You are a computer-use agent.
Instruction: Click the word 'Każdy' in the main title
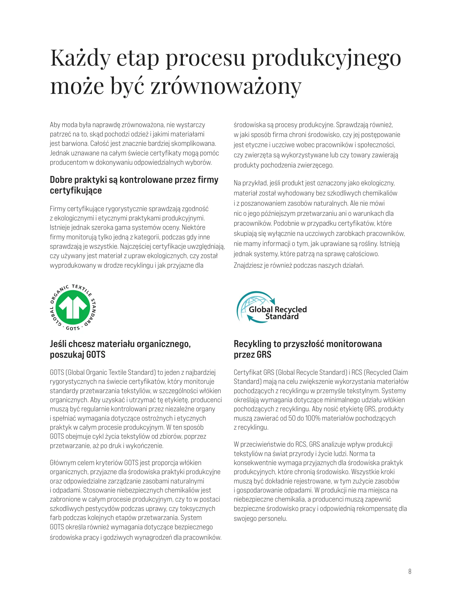(80, 58)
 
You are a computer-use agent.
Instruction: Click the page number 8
(410, 571)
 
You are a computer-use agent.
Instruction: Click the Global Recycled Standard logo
(272, 307)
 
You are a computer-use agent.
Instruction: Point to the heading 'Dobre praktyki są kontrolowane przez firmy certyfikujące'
(134, 185)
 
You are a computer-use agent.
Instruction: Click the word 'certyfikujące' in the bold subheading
(76, 190)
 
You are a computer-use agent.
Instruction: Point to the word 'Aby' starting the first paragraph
(55, 125)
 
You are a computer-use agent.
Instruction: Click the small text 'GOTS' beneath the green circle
(73, 328)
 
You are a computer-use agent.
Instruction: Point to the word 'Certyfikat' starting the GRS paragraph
(247, 372)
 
